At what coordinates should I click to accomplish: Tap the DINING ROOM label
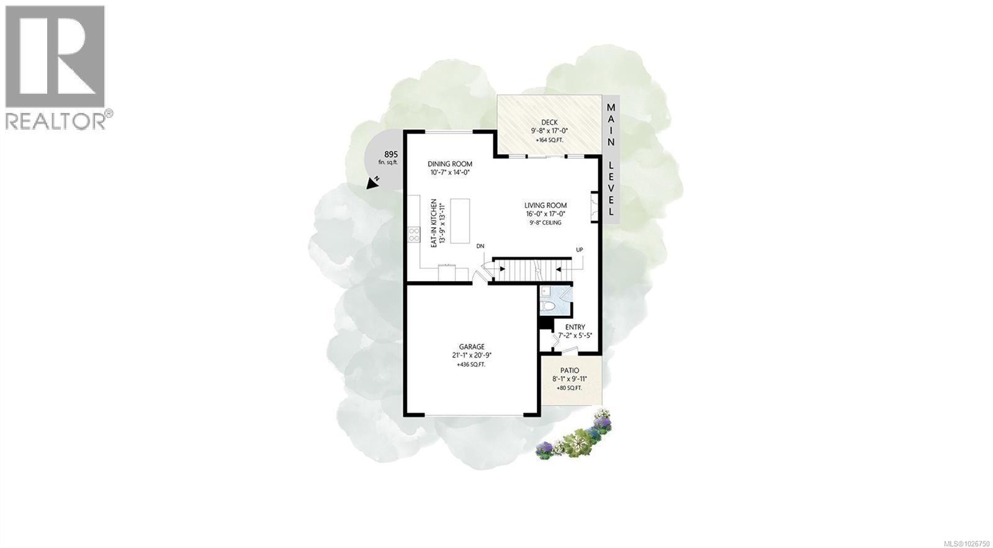point(454,164)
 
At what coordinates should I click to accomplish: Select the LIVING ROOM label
point(545,205)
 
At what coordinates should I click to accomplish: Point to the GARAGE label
point(472,347)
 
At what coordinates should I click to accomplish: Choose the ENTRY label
point(575,327)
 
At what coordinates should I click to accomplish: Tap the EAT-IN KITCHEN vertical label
point(435,225)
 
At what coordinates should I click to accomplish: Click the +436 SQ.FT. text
point(472,364)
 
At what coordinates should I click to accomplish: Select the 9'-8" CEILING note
point(545,222)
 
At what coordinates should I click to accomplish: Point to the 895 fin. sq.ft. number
point(391,154)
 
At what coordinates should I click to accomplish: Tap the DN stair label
point(480,246)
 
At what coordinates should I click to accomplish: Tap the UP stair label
point(580,249)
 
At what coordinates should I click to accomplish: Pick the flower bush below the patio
point(575,437)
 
